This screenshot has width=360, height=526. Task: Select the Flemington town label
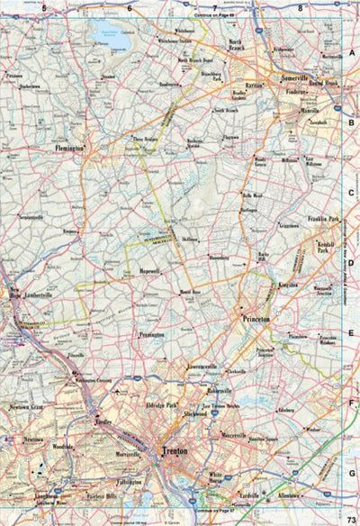pos(70,147)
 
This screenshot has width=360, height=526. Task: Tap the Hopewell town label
pos(149,270)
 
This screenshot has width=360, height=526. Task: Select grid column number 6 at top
pos(129,8)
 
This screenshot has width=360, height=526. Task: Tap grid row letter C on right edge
pos(352,193)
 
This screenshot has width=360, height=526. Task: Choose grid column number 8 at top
pos(300,8)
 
